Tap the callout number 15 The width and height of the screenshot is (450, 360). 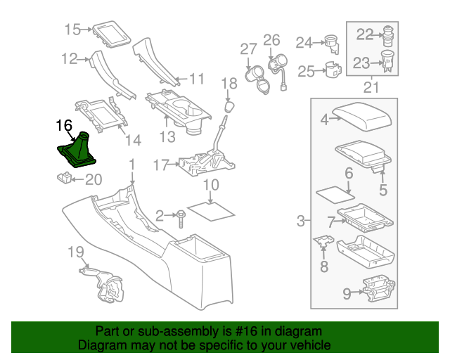(x=72, y=30)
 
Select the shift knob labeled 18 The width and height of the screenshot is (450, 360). (x=229, y=105)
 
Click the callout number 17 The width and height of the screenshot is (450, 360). (x=160, y=165)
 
